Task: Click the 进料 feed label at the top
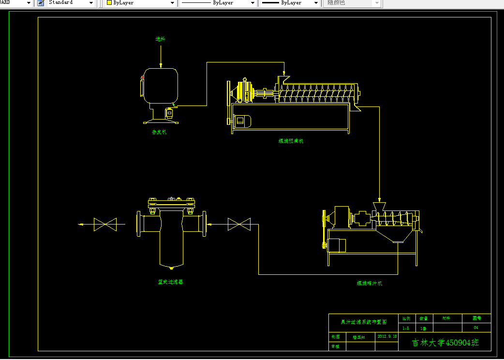160,39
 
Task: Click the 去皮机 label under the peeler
159,132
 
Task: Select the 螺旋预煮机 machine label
291,141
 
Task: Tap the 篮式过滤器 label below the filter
170,282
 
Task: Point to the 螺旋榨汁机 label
370,284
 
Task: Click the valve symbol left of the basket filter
105,224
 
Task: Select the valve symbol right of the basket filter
239,224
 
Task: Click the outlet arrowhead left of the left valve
82,224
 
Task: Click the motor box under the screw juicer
337,245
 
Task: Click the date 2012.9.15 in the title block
387,336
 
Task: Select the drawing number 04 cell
476,328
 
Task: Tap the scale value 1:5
406,328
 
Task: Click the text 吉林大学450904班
445,343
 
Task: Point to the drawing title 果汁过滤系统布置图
363,322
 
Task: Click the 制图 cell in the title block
336,336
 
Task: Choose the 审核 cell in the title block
336,346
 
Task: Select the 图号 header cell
476,318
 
